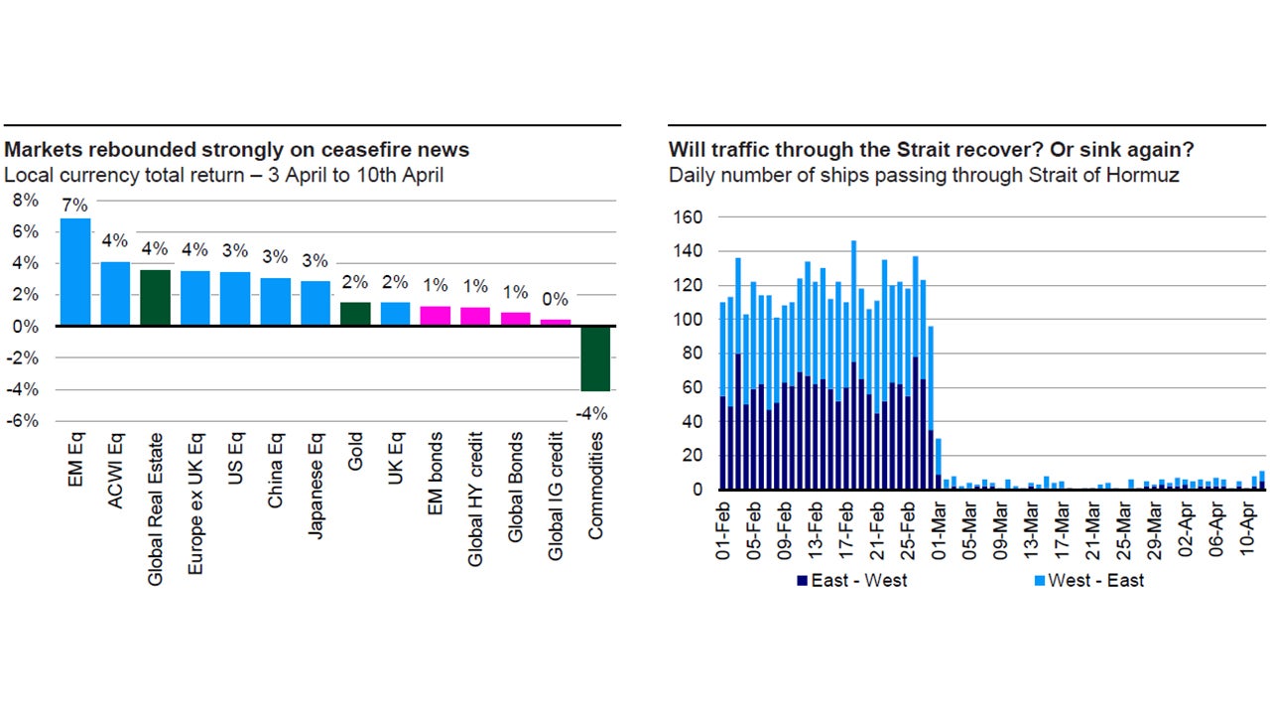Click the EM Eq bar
coord(74,272)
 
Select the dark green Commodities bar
coord(595,358)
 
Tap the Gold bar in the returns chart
coord(354,314)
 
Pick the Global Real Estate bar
coord(155,298)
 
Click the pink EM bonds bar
coord(435,316)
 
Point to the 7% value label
coord(74,206)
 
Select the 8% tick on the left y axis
coord(26,200)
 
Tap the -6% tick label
coord(24,421)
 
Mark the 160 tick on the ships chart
coord(688,216)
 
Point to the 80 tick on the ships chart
coord(693,354)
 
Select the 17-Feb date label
coord(846,531)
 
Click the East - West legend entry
coord(850,580)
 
